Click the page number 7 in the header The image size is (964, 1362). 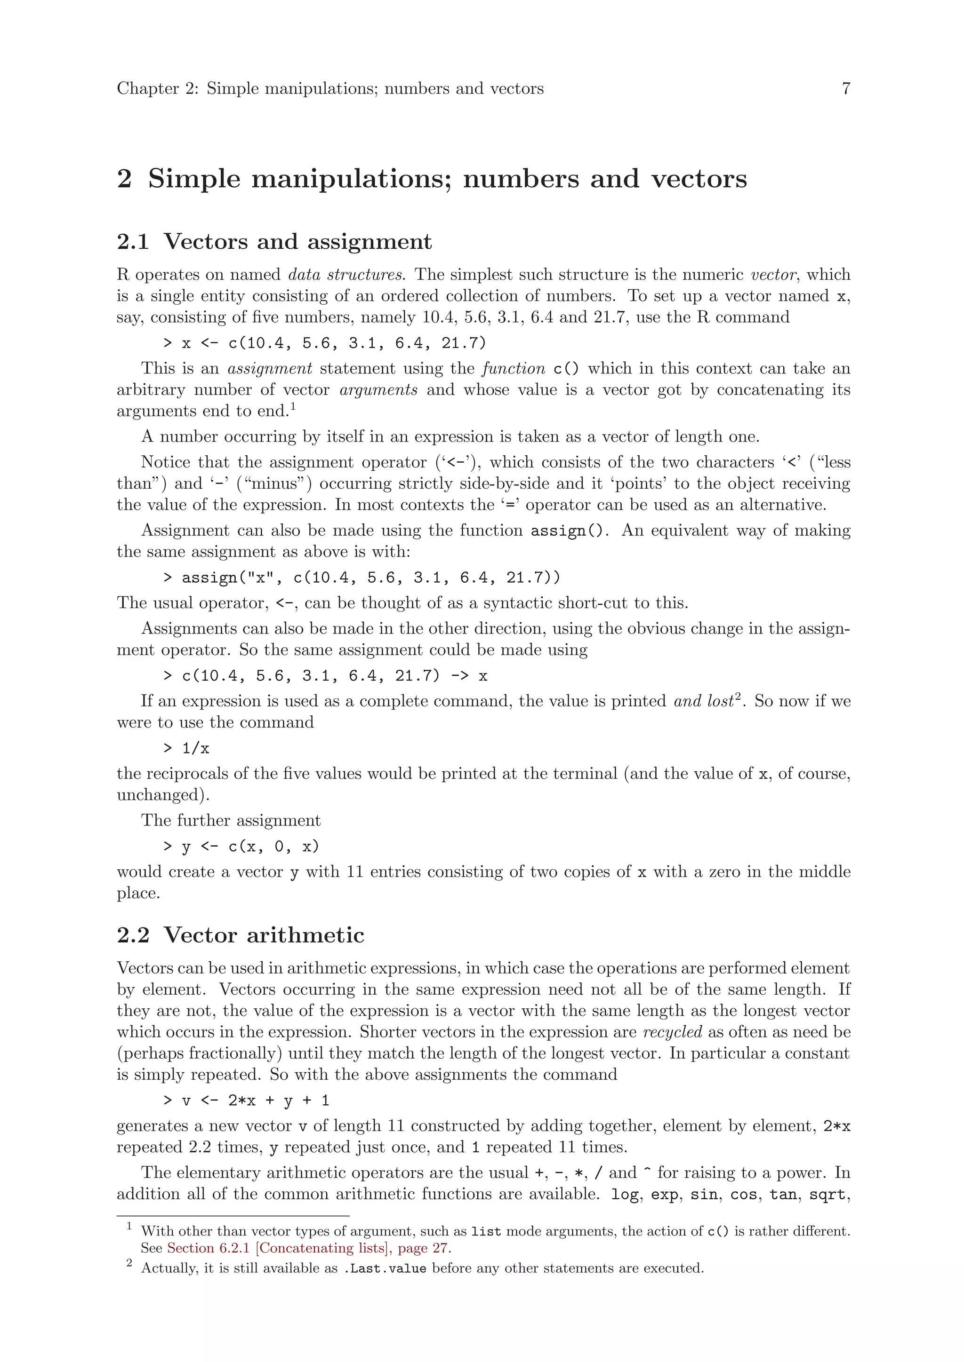846,89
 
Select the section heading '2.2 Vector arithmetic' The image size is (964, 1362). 241,935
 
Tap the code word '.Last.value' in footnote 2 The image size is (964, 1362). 385,1269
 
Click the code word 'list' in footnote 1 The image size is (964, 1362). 486,1232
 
